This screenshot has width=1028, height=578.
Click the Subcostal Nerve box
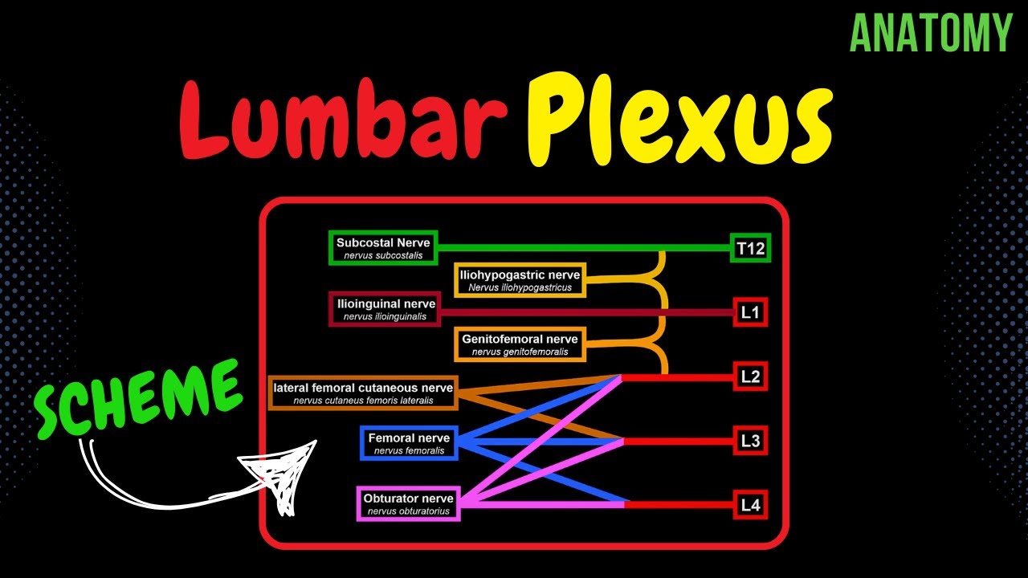point(383,248)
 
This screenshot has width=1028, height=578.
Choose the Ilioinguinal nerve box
point(385,309)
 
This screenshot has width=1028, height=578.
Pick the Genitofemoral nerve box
point(519,344)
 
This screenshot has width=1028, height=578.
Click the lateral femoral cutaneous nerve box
point(363,393)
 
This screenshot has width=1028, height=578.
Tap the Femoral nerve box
point(409,443)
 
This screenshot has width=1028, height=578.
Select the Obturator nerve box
point(408,503)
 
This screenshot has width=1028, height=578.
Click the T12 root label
point(750,249)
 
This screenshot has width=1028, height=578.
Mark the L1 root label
point(750,312)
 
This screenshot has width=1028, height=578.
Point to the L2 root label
point(750,377)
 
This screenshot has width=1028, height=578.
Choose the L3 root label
point(750,441)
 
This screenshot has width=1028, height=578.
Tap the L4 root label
point(750,505)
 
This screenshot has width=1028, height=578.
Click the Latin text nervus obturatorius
point(408,511)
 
